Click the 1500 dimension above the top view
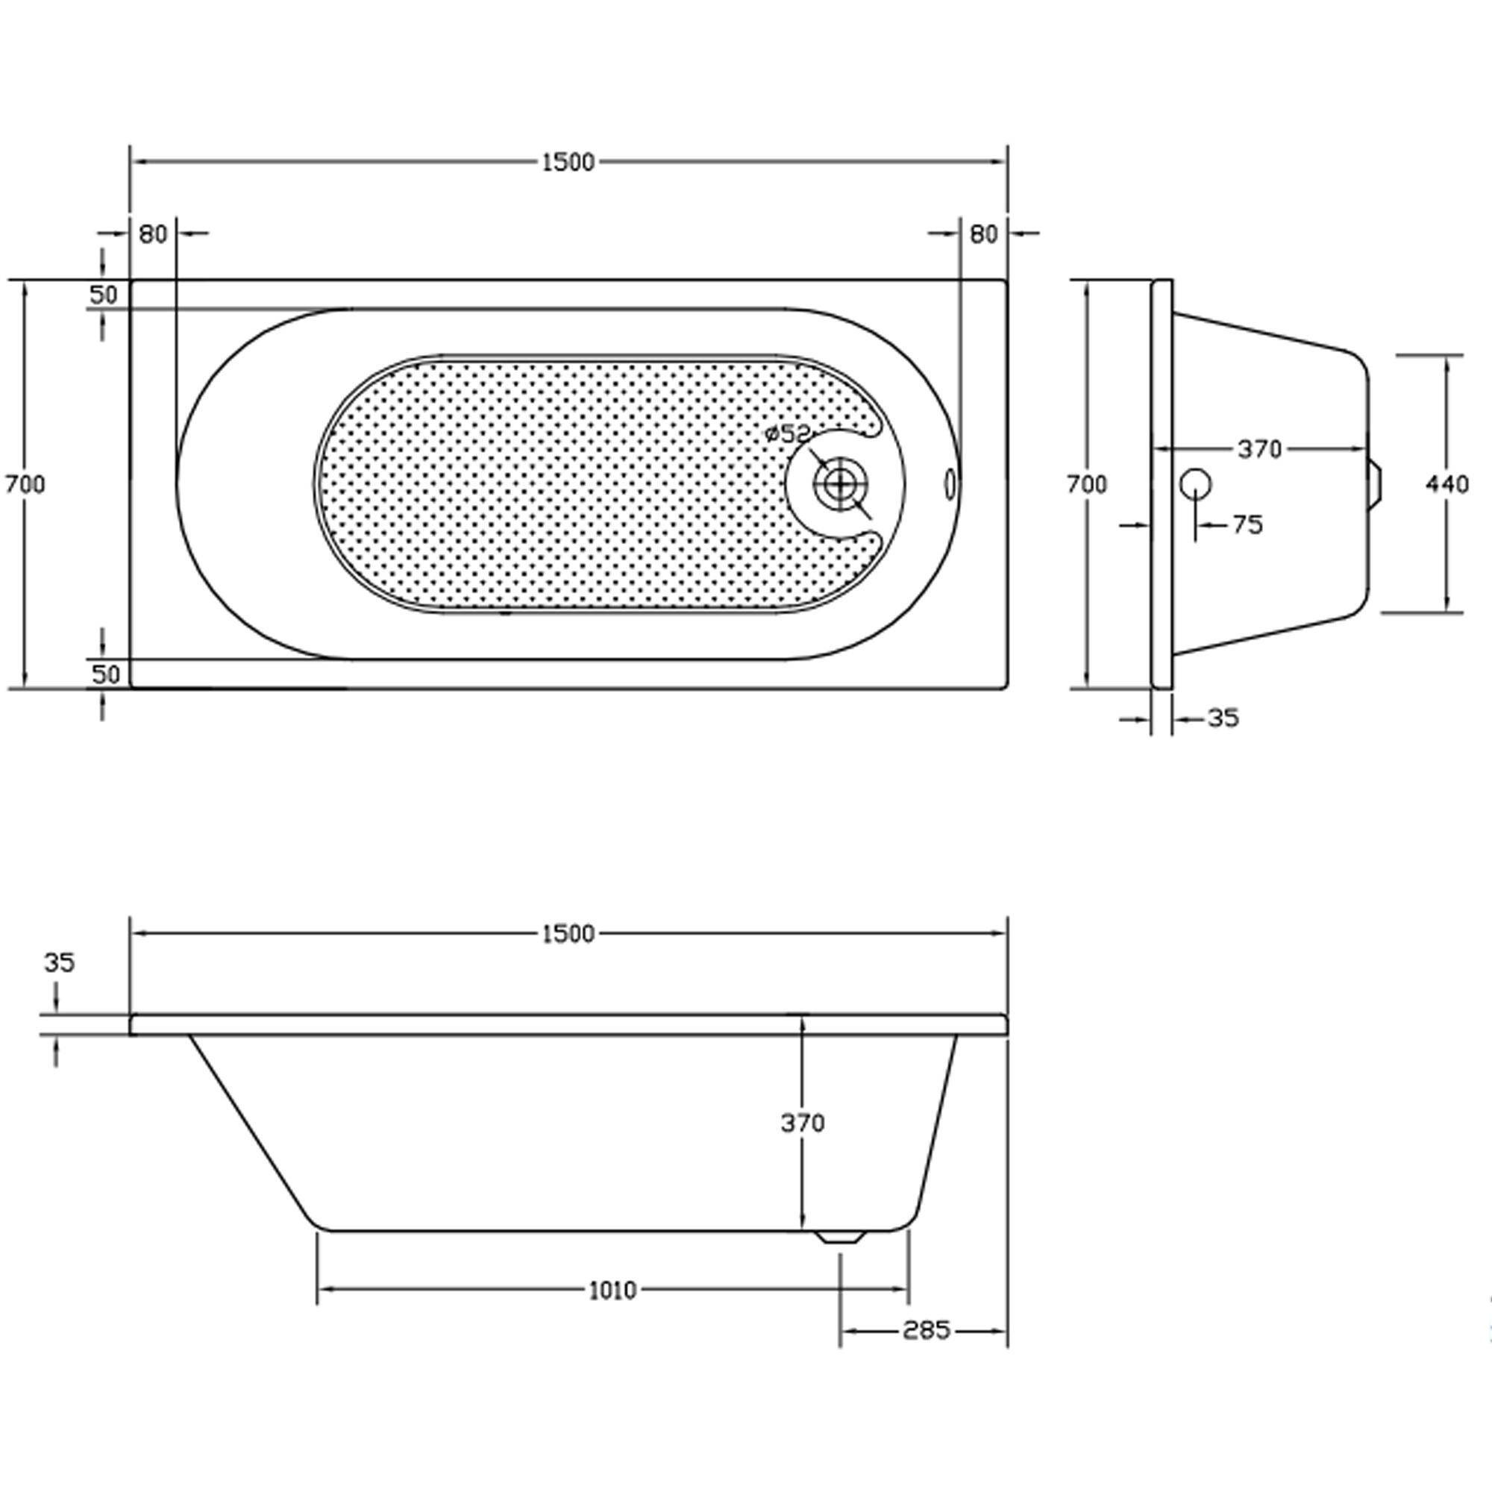[568, 162]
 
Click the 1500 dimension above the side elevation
[568, 934]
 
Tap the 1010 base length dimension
[613, 1290]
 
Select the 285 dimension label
[926, 1330]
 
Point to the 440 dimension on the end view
[1447, 484]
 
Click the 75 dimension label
[1247, 525]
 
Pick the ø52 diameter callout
[787, 434]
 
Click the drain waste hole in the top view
[840, 484]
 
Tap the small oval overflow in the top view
[950, 485]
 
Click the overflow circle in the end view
[1195, 484]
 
